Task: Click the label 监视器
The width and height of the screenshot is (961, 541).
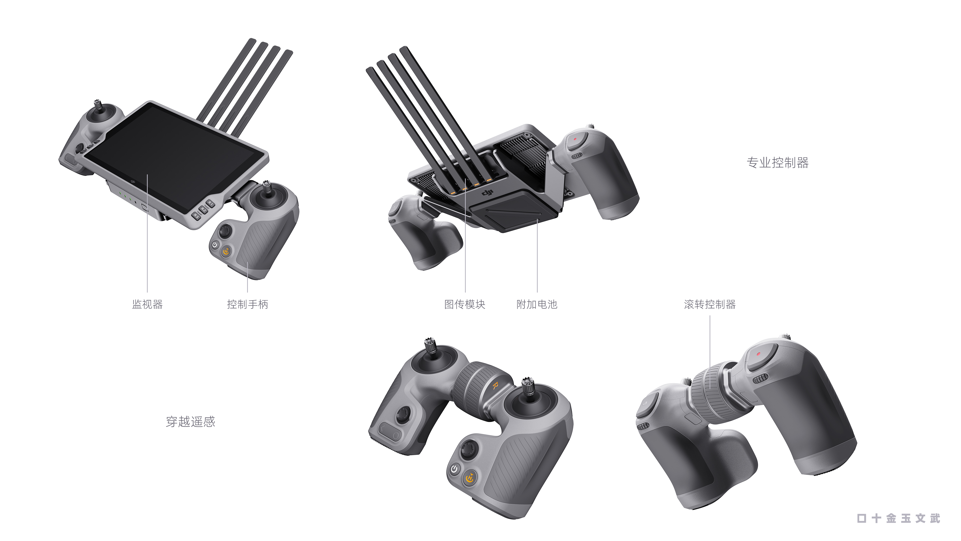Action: pyautogui.click(x=147, y=304)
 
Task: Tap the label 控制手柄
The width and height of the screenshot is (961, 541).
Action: pyautogui.click(x=247, y=304)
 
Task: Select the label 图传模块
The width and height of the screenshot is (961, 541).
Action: pyautogui.click(x=464, y=304)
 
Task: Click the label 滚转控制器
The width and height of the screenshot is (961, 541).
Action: pyautogui.click(x=710, y=304)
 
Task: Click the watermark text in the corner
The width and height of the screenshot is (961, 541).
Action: pyautogui.click(x=898, y=518)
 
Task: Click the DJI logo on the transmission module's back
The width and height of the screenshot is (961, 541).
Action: pyautogui.click(x=487, y=193)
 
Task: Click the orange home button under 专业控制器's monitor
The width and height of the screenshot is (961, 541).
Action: pyautogui.click(x=226, y=252)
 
